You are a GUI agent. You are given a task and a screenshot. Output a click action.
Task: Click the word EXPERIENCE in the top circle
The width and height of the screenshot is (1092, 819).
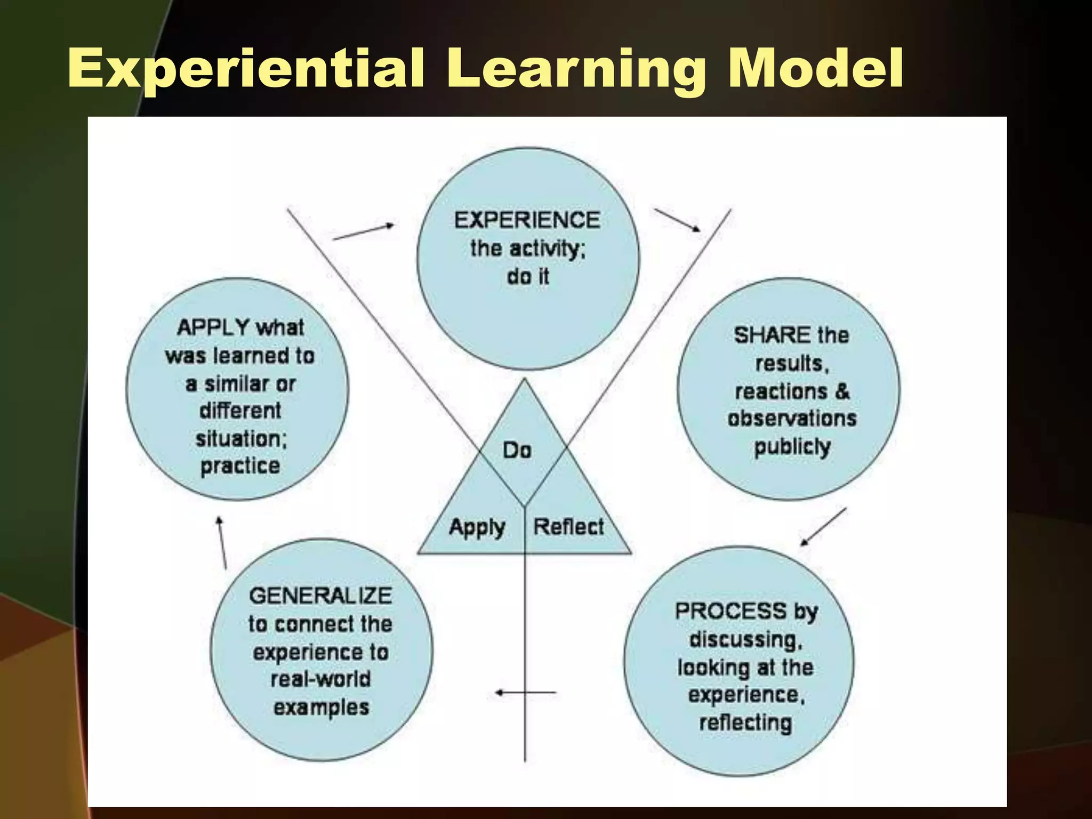coord(527,220)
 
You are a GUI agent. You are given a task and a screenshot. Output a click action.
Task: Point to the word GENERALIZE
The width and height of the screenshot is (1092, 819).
coord(320,596)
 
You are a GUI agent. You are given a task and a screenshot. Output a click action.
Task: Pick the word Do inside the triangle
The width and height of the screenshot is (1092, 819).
coord(517,451)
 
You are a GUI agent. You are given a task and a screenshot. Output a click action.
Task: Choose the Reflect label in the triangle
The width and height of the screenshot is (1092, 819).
coord(568,527)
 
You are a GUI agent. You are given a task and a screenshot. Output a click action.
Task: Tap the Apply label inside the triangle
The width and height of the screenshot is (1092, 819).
coord(477,528)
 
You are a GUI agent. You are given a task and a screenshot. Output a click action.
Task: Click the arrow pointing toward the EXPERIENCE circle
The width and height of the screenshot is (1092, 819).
coord(364,232)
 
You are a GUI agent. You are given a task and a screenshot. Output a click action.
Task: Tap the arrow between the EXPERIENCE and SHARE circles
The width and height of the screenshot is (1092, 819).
coord(678,220)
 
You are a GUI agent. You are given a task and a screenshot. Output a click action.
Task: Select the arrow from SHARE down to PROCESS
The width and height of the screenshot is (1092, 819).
coord(823,527)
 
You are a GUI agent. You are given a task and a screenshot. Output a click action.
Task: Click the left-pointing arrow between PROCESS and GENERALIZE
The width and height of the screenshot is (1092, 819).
coord(525,693)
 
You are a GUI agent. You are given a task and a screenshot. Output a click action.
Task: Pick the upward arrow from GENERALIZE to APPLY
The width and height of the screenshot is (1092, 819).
coord(222,542)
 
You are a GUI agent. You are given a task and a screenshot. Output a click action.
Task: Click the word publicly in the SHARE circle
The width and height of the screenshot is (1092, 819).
coord(792,447)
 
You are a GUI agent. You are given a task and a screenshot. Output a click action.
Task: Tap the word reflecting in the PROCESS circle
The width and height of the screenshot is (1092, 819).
coord(745,723)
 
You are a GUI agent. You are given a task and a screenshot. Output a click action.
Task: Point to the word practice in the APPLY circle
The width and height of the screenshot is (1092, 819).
coord(240,466)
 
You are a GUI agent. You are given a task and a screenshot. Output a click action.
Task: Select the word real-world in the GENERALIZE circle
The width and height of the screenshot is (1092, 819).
coord(320,679)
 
